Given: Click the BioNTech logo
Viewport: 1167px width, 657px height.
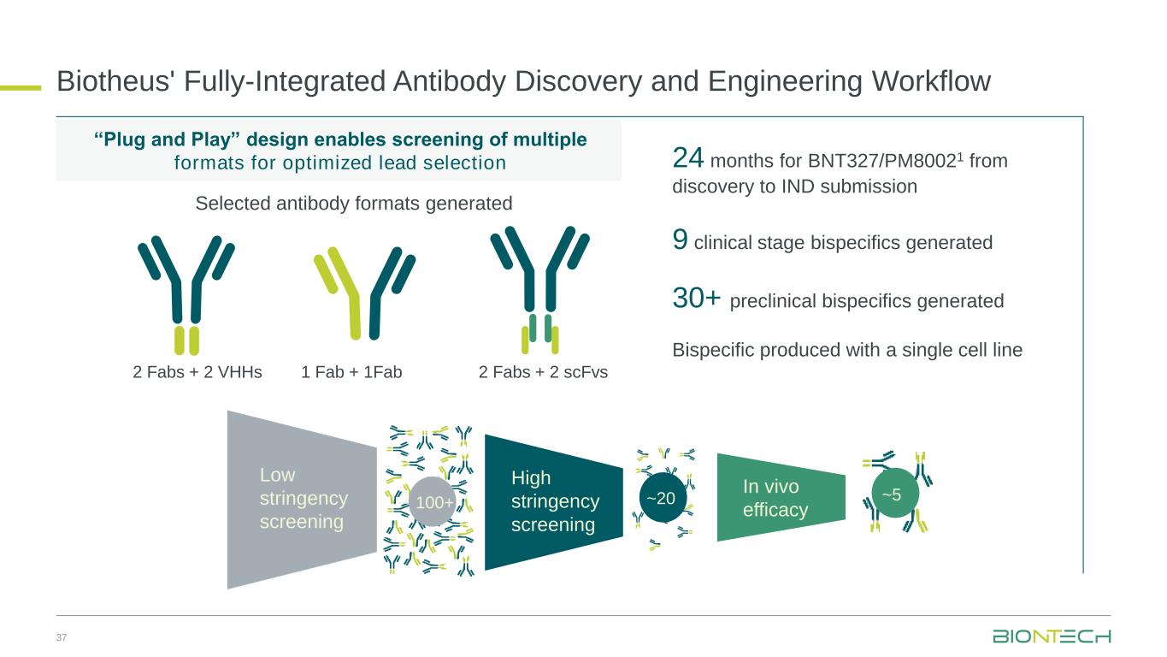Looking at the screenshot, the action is [x=1052, y=636].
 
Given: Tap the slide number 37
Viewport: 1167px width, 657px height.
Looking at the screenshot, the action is [x=62, y=637].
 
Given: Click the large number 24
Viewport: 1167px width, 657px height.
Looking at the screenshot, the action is [x=687, y=157].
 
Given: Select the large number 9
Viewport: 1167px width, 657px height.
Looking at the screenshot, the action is [x=680, y=240].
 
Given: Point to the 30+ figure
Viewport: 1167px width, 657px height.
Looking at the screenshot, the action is [x=697, y=298].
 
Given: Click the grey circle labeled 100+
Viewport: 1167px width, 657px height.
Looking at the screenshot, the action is [x=433, y=501].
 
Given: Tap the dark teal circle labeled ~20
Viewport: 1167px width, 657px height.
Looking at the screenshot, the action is [x=662, y=498].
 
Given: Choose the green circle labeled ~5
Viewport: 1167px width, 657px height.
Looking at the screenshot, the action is [x=894, y=494].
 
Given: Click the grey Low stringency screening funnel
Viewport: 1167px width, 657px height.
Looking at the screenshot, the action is [x=302, y=500].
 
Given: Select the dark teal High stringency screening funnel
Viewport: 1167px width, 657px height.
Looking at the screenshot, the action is [x=554, y=501].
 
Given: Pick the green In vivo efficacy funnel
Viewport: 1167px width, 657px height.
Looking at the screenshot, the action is [x=781, y=497].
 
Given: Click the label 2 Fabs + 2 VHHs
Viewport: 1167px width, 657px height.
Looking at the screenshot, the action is [x=197, y=372].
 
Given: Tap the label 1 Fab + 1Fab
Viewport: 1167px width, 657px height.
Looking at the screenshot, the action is [x=351, y=372].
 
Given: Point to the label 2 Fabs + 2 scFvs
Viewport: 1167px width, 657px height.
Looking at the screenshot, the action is [x=543, y=372].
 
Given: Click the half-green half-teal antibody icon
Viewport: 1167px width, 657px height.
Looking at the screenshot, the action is [x=364, y=293].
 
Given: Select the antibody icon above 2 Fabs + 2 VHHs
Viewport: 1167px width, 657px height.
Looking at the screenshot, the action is [x=186, y=295].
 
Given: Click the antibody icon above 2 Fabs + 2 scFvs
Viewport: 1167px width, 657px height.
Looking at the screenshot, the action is [x=539, y=290].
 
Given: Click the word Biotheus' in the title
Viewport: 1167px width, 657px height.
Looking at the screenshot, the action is [x=114, y=81].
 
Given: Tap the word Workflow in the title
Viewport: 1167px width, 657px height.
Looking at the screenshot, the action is [x=932, y=81].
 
